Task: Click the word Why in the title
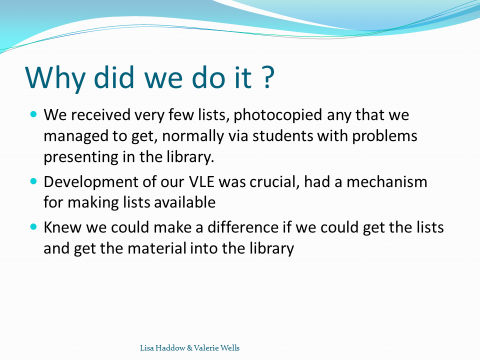tap(55, 77)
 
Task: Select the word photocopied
tap(277, 115)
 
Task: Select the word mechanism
tap(386, 182)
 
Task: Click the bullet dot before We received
tap(33, 114)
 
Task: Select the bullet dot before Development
tap(33, 181)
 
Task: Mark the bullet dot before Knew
tap(33, 227)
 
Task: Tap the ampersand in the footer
tap(189, 348)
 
